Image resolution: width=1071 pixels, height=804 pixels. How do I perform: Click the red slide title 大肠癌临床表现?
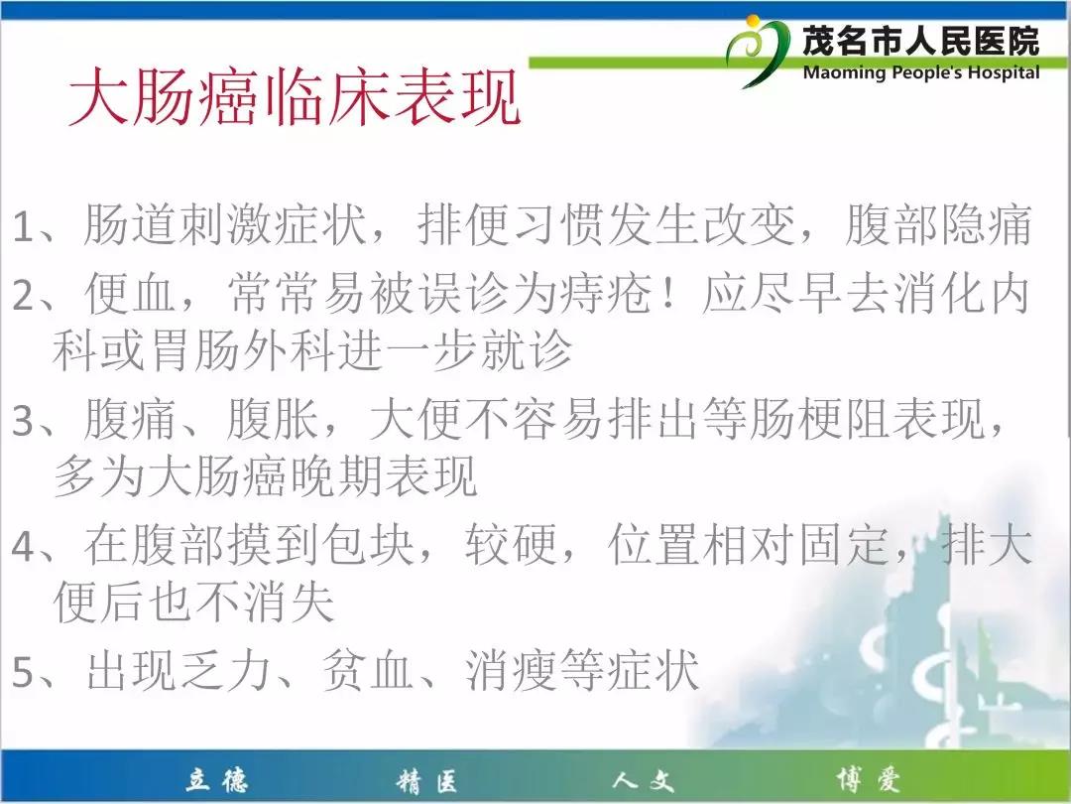tap(295, 96)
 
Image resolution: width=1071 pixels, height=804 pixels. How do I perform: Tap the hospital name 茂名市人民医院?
tap(920, 41)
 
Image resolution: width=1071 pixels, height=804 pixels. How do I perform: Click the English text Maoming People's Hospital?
tap(920, 72)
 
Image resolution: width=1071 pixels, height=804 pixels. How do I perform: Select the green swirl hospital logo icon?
tap(757, 52)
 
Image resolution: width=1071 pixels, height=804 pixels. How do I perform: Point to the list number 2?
tap(24, 296)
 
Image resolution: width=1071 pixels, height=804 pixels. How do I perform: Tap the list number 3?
tap(24, 421)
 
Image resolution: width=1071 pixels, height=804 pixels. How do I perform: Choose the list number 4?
tap(24, 546)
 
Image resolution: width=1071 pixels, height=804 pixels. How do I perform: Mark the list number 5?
tap(24, 671)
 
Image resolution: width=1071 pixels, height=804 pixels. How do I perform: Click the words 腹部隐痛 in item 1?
tap(938, 224)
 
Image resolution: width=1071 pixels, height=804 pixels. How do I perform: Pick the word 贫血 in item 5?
tap(368, 670)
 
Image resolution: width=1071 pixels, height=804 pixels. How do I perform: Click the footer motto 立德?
tap(216, 780)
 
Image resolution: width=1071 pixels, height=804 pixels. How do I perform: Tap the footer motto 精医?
tap(426, 780)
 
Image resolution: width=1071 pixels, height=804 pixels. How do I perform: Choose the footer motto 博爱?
tap(868, 779)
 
